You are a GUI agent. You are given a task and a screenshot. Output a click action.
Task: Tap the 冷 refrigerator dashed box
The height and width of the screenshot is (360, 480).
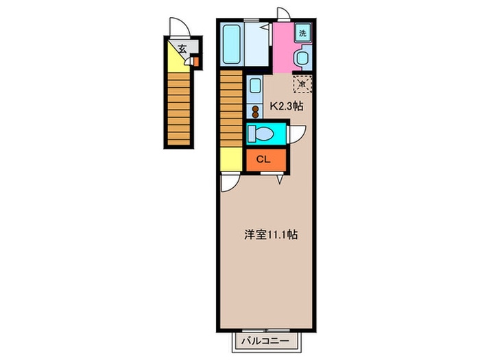(x=302, y=84)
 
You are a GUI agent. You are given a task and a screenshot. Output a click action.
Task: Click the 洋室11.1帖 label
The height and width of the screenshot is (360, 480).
(x=272, y=235)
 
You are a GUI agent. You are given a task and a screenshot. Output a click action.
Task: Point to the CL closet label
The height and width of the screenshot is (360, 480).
(x=263, y=159)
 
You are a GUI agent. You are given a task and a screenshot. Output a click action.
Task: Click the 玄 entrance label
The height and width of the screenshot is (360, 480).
(x=182, y=48)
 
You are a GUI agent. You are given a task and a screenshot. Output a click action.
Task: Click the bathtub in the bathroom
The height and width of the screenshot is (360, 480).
(x=232, y=43)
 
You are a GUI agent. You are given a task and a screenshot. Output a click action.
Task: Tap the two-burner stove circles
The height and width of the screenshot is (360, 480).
(x=255, y=111)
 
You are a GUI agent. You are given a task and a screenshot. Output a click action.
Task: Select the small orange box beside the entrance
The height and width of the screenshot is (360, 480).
(x=195, y=62)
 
